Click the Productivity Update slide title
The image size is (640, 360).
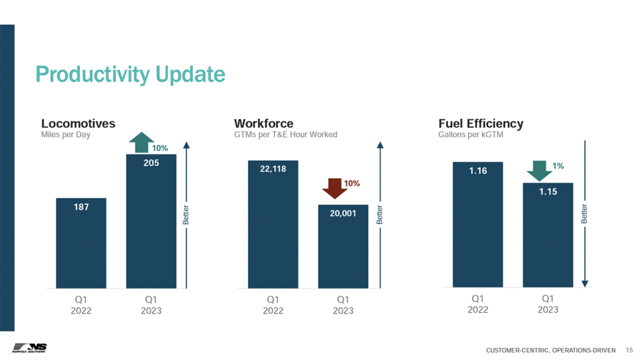coord(130,74)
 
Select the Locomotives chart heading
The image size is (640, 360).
coord(78,123)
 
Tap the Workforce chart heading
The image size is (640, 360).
coord(263,123)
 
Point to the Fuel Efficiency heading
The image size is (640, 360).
coord(481,123)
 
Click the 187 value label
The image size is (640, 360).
coord(81,206)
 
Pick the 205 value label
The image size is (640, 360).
coord(151,162)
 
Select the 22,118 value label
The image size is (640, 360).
coord(272,169)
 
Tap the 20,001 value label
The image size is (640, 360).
coord(342,213)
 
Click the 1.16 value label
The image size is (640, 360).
coord(477,170)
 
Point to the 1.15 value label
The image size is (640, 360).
coord(547,191)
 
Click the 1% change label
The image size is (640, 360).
coord(558,166)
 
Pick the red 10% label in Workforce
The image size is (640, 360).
coord(352,184)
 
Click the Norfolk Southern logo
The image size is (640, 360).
coord(29,347)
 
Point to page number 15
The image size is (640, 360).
coord(629,348)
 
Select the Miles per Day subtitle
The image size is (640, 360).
coord(66,134)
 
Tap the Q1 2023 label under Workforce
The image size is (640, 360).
coord(342,305)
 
